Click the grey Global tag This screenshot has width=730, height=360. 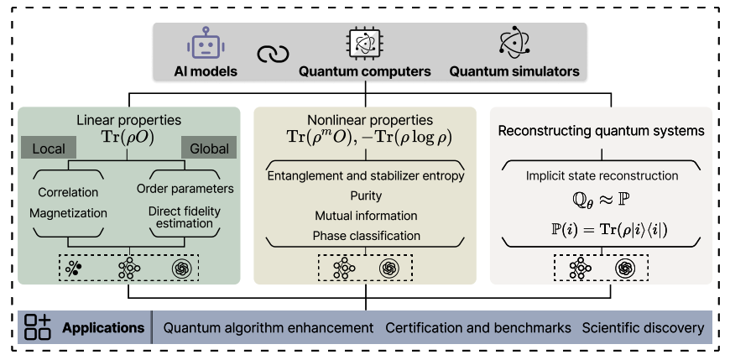209,149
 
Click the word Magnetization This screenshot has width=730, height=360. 69,213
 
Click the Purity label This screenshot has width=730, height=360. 365,196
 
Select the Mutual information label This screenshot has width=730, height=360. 365,215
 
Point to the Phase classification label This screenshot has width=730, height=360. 365,235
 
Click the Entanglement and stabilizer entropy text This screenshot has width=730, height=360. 365,175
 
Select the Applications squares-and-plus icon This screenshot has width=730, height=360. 38,327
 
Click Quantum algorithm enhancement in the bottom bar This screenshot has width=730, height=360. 269,327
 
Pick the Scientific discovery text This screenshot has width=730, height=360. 643,327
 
